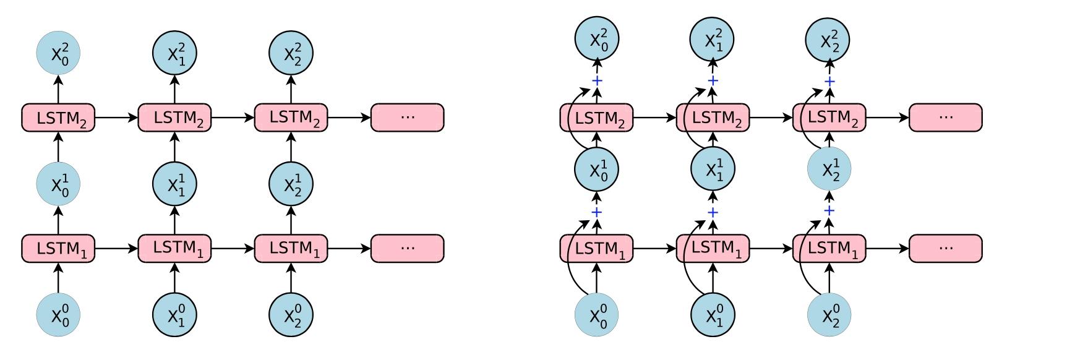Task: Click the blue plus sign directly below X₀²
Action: tap(597, 81)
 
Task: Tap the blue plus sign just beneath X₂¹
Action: tap(829, 211)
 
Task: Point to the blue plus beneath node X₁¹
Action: tap(713, 213)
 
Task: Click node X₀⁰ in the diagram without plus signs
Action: tap(58, 316)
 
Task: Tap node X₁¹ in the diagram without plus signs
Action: tap(174, 184)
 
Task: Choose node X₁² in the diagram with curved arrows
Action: tap(713, 40)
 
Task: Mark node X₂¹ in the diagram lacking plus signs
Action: tap(291, 184)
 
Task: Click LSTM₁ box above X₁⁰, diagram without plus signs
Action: tap(174, 249)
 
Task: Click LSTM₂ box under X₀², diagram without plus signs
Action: tap(58, 118)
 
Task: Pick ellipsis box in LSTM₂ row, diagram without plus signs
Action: tap(407, 118)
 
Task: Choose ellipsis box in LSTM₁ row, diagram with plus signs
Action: tap(945, 249)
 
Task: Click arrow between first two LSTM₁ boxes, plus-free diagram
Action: tap(116, 249)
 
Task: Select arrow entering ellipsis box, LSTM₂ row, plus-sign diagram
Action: tap(887, 118)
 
